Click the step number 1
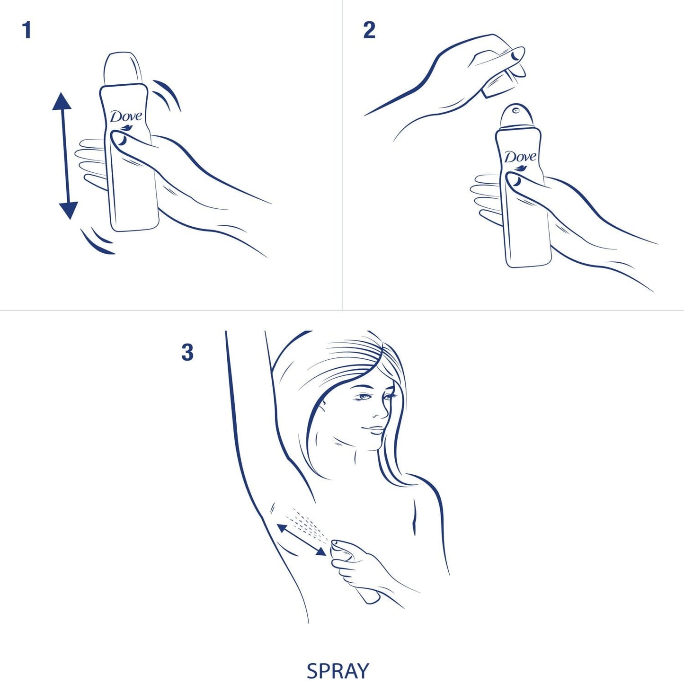pyautogui.click(x=27, y=30)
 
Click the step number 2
pyautogui.click(x=369, y=30)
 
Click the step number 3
pyautogui.click(x=187, y=353)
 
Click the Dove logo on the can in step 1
pyautogui.click(x=126, y=118)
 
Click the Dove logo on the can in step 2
pyautogui.click(x=521, y=160)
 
